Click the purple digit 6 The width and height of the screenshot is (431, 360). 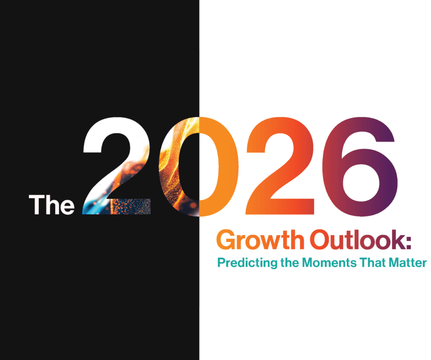[362, 168]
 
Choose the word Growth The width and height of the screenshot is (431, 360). [260, 241]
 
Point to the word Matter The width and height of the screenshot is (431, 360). [407, 263]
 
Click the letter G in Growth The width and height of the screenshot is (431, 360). [226, 241]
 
